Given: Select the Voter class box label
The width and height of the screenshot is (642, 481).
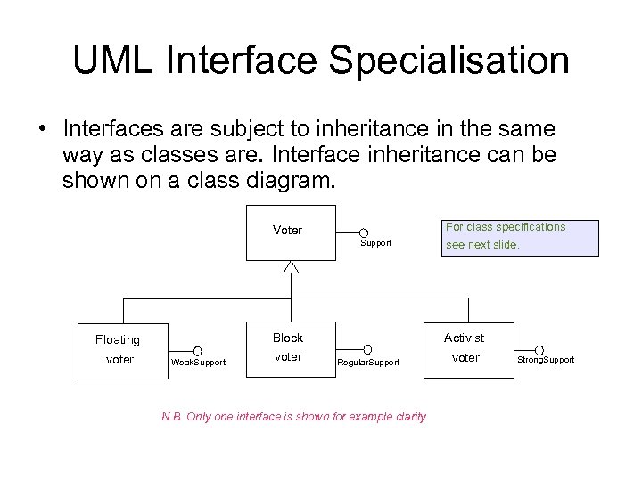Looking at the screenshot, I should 287,230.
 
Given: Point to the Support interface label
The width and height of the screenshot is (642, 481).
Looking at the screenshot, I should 375,243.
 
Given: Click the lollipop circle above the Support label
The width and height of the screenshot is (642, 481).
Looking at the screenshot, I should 365,233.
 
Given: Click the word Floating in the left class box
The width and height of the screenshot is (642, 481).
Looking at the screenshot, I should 118,339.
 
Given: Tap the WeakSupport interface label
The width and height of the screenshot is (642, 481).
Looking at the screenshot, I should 199,363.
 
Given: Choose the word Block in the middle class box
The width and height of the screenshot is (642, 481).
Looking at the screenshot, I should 288,338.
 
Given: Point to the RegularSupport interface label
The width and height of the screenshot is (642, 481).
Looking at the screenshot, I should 368,363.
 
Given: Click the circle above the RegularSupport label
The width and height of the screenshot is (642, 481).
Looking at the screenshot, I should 366,350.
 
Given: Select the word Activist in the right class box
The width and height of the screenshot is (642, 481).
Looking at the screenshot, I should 465,338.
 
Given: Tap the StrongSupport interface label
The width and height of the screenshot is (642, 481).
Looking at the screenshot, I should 547,360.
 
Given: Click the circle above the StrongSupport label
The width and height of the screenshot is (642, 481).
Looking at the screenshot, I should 539,349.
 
